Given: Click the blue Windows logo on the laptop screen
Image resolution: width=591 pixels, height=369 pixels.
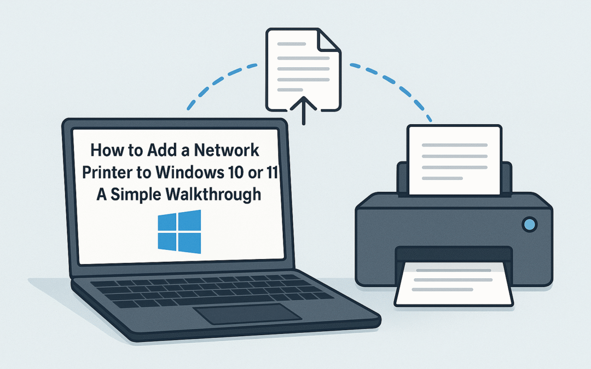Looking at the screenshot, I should (179, 231).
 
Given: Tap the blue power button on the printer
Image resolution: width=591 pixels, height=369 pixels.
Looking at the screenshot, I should (529, 224).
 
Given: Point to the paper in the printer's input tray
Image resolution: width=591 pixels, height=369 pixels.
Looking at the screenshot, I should (454, 159).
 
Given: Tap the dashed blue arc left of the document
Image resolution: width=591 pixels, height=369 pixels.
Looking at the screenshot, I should (219, 82).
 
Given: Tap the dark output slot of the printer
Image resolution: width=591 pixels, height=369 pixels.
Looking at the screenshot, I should (454, 253).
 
